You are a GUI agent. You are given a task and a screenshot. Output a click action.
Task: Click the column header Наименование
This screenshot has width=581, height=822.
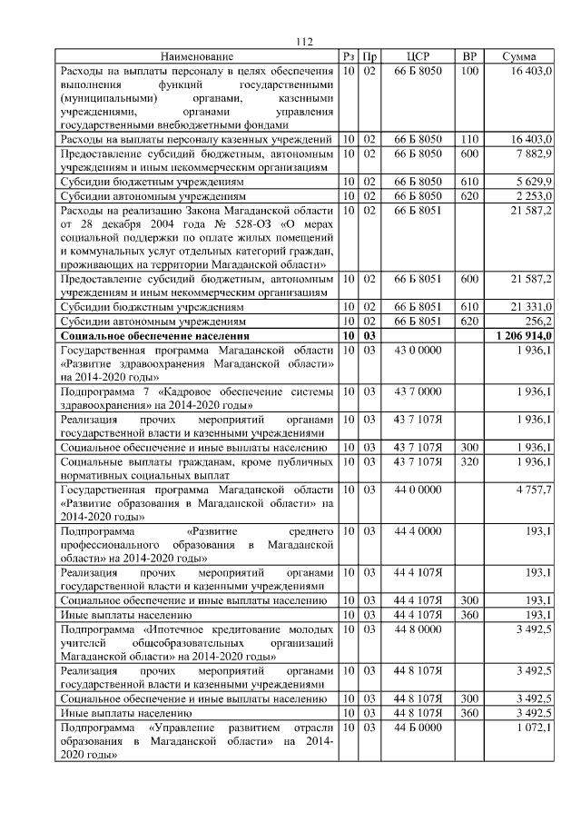click(x=197, y=57)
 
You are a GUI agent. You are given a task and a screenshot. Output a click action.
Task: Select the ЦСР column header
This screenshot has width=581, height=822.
click(x=418, y=57)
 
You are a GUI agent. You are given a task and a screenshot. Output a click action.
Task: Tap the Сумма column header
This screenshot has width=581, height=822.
click(x=518, y=57)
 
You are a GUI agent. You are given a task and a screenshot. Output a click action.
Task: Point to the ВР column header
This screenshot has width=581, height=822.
click(x=469, y=57)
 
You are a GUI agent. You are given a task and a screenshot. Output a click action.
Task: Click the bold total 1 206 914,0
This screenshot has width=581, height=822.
click(x=525, y=336)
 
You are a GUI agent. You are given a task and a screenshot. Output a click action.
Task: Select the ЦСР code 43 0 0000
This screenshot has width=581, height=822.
click(x=418, y=350)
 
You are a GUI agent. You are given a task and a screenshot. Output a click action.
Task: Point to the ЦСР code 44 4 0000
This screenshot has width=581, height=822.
click(x=418, y=530)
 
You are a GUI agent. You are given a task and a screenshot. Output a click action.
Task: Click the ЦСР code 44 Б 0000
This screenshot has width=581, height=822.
click(x=418, y=728)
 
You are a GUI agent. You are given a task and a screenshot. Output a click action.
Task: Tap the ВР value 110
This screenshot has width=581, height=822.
click(x=469, y=140)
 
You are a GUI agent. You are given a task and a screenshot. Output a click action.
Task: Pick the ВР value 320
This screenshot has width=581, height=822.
click(x=469, y=461)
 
